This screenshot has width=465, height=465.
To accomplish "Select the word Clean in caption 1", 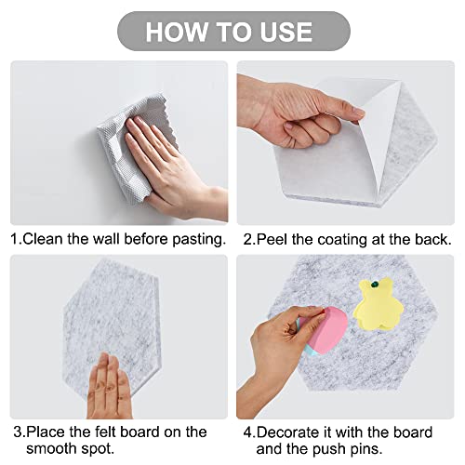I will [44, 239].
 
